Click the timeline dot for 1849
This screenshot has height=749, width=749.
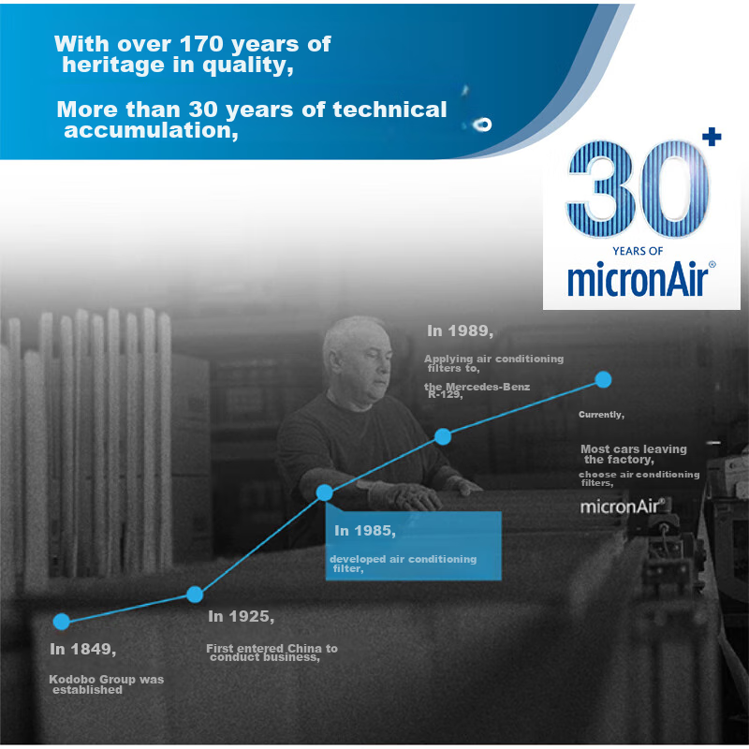(x=62, y=621)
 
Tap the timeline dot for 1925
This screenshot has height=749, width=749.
(x=195, y=594)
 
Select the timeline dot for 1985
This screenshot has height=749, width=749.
(x=324, y=492)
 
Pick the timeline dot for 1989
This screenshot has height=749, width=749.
(x=444, y=436)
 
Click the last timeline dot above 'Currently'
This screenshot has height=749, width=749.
(x=604, y=379)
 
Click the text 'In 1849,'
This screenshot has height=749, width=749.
(x=82, y=649)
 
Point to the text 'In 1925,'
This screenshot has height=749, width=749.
(x=241, y=616)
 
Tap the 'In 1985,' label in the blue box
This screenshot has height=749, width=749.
(x=365, y=531)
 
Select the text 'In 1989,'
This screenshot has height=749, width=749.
(x=460, y=330)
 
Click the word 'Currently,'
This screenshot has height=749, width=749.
(x=601, y=414)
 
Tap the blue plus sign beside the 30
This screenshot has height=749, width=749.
(x=712, y=138)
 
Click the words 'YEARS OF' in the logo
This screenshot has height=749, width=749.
(x=638, y=250)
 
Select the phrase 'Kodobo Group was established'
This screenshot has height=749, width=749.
(x=106, y=684)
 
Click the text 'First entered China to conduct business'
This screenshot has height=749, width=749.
(x=272, y=653)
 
